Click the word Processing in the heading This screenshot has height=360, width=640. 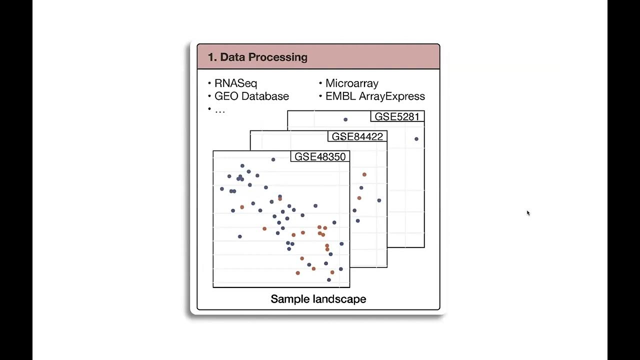278,57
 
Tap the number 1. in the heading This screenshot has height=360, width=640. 212,57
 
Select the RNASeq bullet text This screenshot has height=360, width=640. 235,83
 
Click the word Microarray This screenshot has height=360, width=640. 352,83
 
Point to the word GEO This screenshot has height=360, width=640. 225,96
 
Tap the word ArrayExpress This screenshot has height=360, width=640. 391,96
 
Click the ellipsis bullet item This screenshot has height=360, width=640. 220,110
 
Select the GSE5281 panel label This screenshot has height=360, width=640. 397,116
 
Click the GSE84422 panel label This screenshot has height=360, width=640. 357,136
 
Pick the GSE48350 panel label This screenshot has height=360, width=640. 320,156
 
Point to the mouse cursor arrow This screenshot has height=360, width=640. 528,213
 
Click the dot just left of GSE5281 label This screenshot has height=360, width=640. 345,119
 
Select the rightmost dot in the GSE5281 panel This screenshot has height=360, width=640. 416,139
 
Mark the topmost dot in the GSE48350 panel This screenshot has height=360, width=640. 273,159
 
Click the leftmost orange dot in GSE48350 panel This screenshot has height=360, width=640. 242,207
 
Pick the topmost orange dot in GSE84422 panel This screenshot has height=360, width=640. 364,174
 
